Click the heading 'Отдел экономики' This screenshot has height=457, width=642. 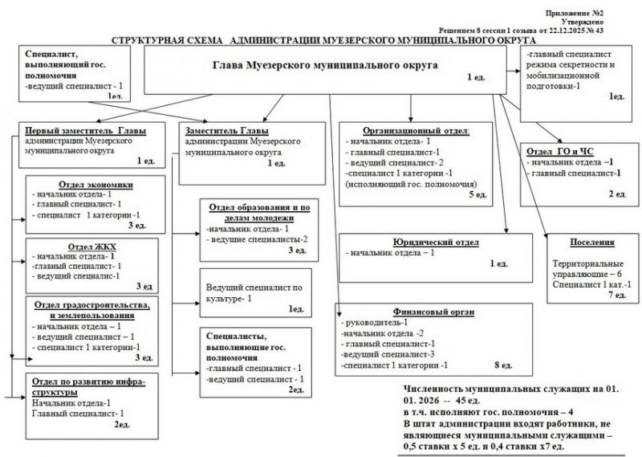pos(96,183)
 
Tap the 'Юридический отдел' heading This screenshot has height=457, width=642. pos(436,242)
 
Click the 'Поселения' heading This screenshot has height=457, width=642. pos(592,242)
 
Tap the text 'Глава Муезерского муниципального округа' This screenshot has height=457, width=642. pos(326,65)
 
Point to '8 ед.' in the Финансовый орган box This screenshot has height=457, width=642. pos(503,365)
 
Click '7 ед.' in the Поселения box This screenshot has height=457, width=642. pos(619,296)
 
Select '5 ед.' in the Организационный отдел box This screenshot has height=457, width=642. pos(477,194)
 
